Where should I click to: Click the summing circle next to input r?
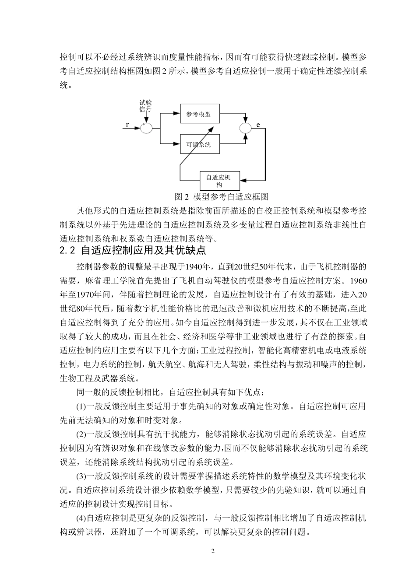click(x=146, y=128)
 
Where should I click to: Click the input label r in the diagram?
click(x=127, y=125)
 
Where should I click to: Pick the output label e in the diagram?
click(x=258, y=125)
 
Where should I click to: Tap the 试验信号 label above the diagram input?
click(x=145, y=105)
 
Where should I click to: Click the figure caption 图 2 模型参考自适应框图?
click(x=221, y=196)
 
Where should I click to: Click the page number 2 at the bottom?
click(x=213, y=550)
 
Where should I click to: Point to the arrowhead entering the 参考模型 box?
click(x=177, y=114)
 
